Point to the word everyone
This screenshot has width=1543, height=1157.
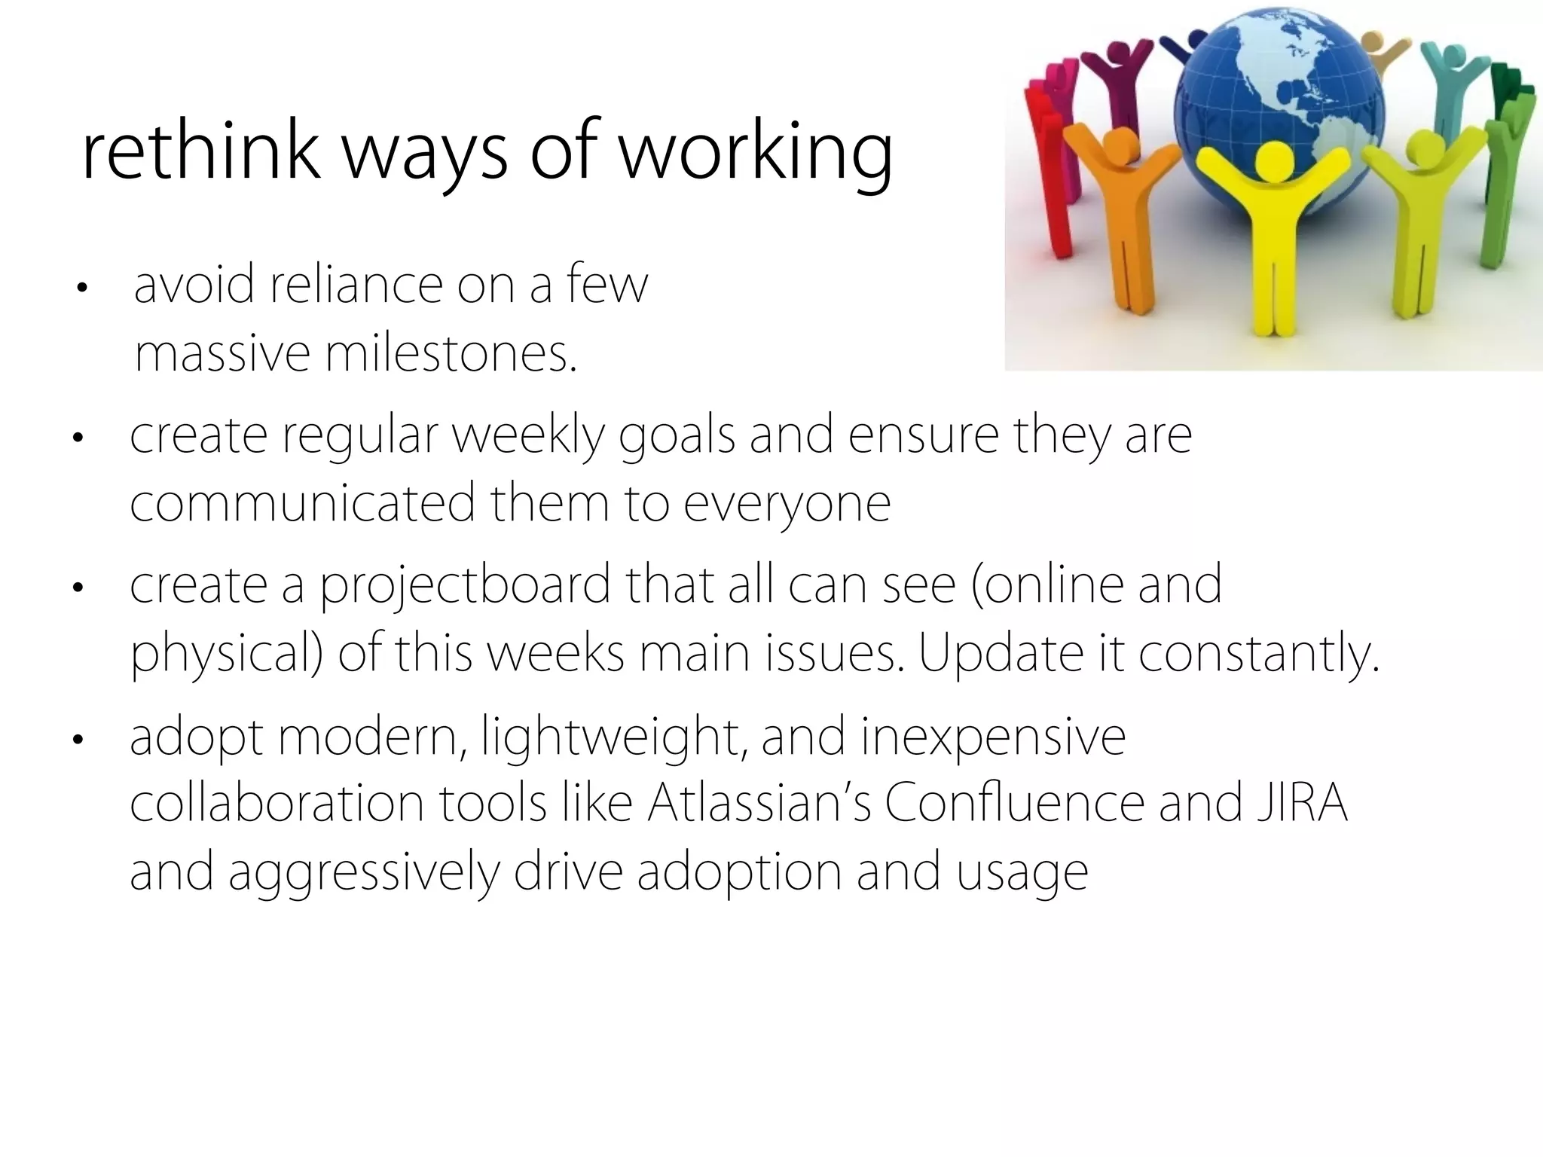tap(787, 503)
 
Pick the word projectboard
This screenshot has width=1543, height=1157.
tap(465, 586)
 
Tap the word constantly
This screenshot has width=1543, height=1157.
tap(1258, 654)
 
